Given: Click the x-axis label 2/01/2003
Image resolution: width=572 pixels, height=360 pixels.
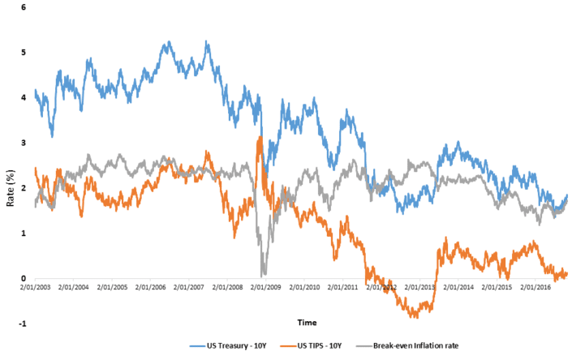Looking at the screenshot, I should coord(35,287).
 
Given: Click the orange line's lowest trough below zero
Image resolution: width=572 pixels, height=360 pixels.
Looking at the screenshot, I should coord(414,316).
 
